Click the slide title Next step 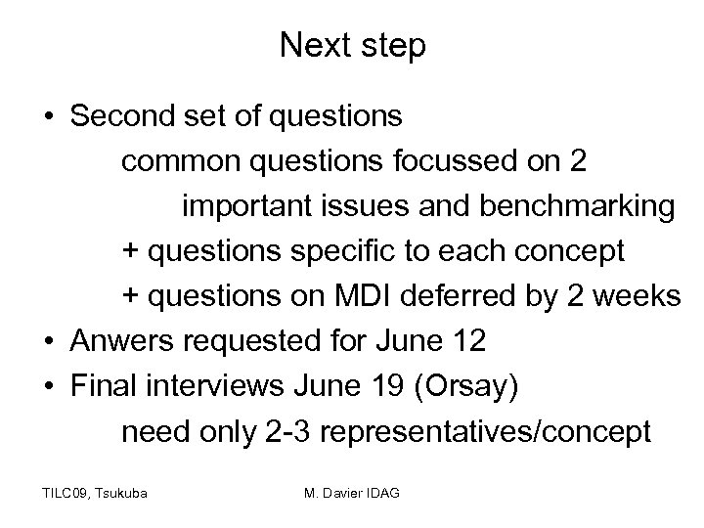[352, 45]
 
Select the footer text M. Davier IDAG [352, 492]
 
